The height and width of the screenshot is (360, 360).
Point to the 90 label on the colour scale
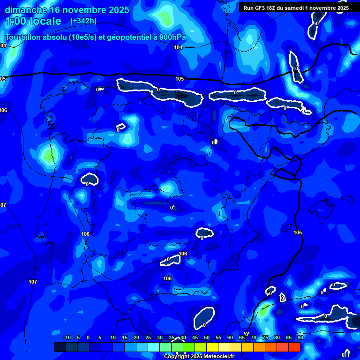tap(300, 337)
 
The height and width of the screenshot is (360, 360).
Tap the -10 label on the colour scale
tap(67, 337)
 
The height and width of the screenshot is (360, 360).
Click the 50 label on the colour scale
tap(207, 337)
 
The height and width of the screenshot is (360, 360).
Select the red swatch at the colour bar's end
tap(294, 347)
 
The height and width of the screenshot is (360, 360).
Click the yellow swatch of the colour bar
tap(212, 347)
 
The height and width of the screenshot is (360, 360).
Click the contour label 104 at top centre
tap(178, 47)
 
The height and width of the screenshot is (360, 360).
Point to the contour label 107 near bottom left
tap(33, 282)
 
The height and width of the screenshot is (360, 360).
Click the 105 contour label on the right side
tap(298, 232)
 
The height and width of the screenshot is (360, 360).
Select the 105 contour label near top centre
tap(180, 79)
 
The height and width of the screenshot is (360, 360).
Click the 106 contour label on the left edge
tap(4, 110)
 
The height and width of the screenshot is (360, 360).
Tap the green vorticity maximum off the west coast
tap(47, 156)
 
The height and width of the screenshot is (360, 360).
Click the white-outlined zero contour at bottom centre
tap(204, 318)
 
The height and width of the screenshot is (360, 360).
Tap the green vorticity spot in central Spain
tap(166, 188)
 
